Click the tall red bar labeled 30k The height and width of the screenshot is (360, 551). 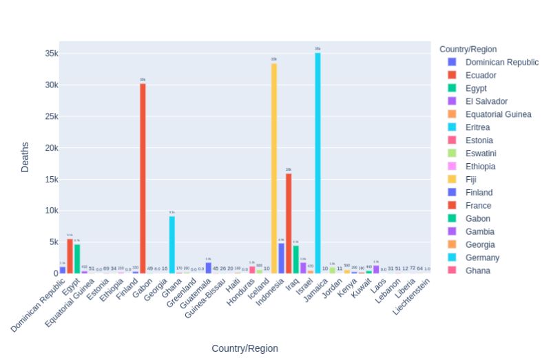(x=143, y=178)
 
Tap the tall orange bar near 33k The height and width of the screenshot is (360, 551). (x=273, y=169)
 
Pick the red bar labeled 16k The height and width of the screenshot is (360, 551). (x=289, y=223)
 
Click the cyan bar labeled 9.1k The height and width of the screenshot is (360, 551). (x=172, y=244)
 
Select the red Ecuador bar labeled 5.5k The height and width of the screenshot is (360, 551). (x=70, y=256)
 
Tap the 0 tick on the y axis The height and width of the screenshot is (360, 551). (x=55, y=273)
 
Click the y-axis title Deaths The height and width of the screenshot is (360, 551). (x=25, y=157)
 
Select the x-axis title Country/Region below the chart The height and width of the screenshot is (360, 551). (x=245, y=348)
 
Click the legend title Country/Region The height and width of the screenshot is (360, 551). (x=468, y=49)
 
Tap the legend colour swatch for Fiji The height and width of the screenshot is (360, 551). (x=452, y=180)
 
